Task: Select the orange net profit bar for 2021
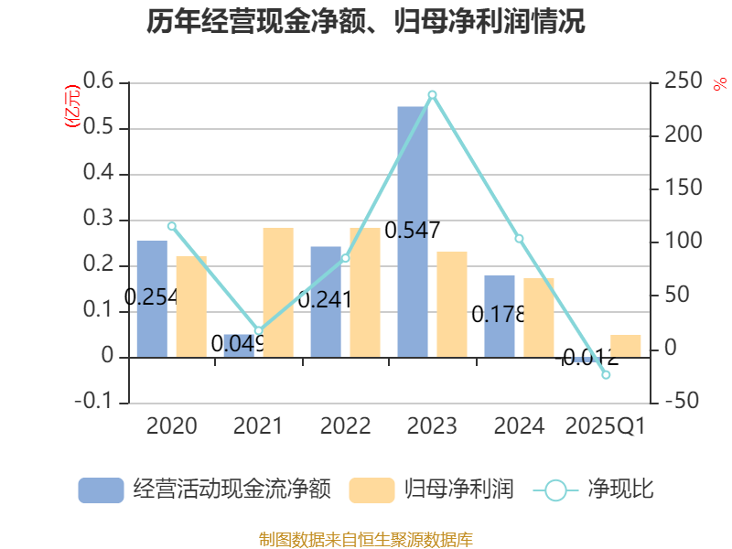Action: [x=277, y=292]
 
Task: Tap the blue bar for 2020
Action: [x=152, y=298]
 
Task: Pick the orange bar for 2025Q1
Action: [x=626, y=346]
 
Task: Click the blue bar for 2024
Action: [x=500, y=316]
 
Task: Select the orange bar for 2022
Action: [x=364, y=292]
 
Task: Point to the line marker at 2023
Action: [x=432, y=94]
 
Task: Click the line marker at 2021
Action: [x=258, y=331]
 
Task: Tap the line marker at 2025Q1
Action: [x=606, y=375]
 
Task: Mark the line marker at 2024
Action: [x=519, y=239]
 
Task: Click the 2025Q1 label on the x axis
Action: [x=606, y=426]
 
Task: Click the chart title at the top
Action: [x=366, y=22]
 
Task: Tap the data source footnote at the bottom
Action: [x=366, y=539]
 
